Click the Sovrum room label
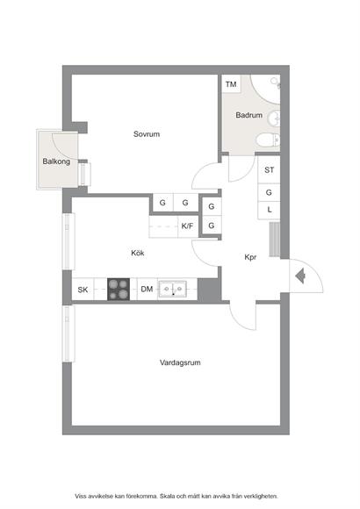(x=147, y=134)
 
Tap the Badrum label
(x=249, y=115)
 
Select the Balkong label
(x=56, y=161)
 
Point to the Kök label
(x=138, y=253)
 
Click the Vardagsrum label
(x=180, y=362)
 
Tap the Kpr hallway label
(x=250, y=257)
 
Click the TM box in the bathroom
(x=231, y=84)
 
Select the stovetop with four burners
(x=119, y=290)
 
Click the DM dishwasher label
(x=147, y=289)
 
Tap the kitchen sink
(x=172, y=289)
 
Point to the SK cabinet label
(x=83, y=290)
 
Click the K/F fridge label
(x=187, y=226)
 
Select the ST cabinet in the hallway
(x=269, y=169)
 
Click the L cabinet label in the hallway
(x=270, y=210)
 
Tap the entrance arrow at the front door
(x=300, y=276)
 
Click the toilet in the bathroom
(x=268, y=140)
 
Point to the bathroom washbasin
(x=274, y=118)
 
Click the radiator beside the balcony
(x=85, y=175)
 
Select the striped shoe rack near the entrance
(x=275, y=240)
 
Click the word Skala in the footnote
(x=168, y=496)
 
